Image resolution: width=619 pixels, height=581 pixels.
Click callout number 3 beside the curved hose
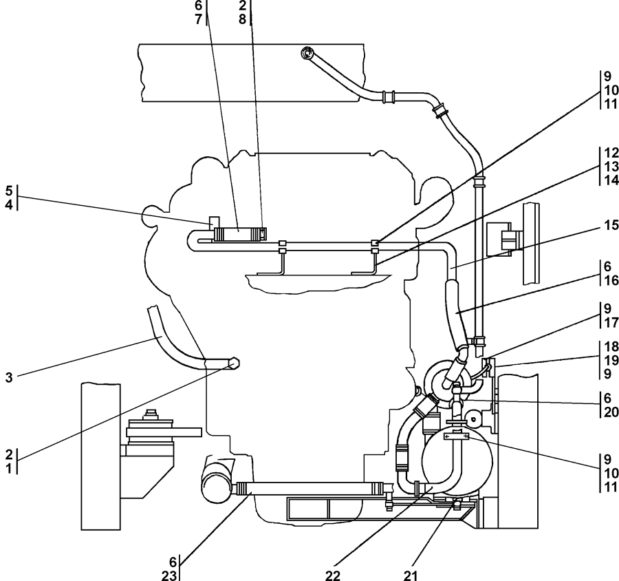(x=9, y=377)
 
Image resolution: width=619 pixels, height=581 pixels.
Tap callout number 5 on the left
(x=9, y=191)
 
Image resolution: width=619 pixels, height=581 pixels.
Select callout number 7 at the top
(x=199, y=19)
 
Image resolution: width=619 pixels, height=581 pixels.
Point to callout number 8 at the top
(x=242, y=19)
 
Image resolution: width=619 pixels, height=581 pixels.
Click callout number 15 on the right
(x=611, y=225)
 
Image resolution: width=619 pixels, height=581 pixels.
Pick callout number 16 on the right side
(x=611, y=280)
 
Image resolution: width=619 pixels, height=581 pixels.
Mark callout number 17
(x=611, y=323)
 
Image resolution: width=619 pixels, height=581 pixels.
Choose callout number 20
(x=611, y=412)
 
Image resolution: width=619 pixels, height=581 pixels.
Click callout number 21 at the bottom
(x=411, y=575)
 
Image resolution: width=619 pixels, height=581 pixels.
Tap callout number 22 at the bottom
(x=333, y=575)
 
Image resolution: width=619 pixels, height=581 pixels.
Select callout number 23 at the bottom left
(x=169, y=575)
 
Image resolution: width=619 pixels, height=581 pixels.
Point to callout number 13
(x=611, y=167)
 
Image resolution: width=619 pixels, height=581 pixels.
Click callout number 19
(x=611, y=360)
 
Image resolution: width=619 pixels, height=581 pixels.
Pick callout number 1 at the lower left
(x=9, y=468)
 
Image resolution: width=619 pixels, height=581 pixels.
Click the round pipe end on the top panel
(x=307, y=53)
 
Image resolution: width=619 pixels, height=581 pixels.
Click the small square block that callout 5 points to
(x=214, y=222)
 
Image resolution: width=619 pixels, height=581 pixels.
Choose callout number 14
(x=611, y=180)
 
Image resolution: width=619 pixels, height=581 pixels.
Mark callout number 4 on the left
(x=9, y=204)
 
